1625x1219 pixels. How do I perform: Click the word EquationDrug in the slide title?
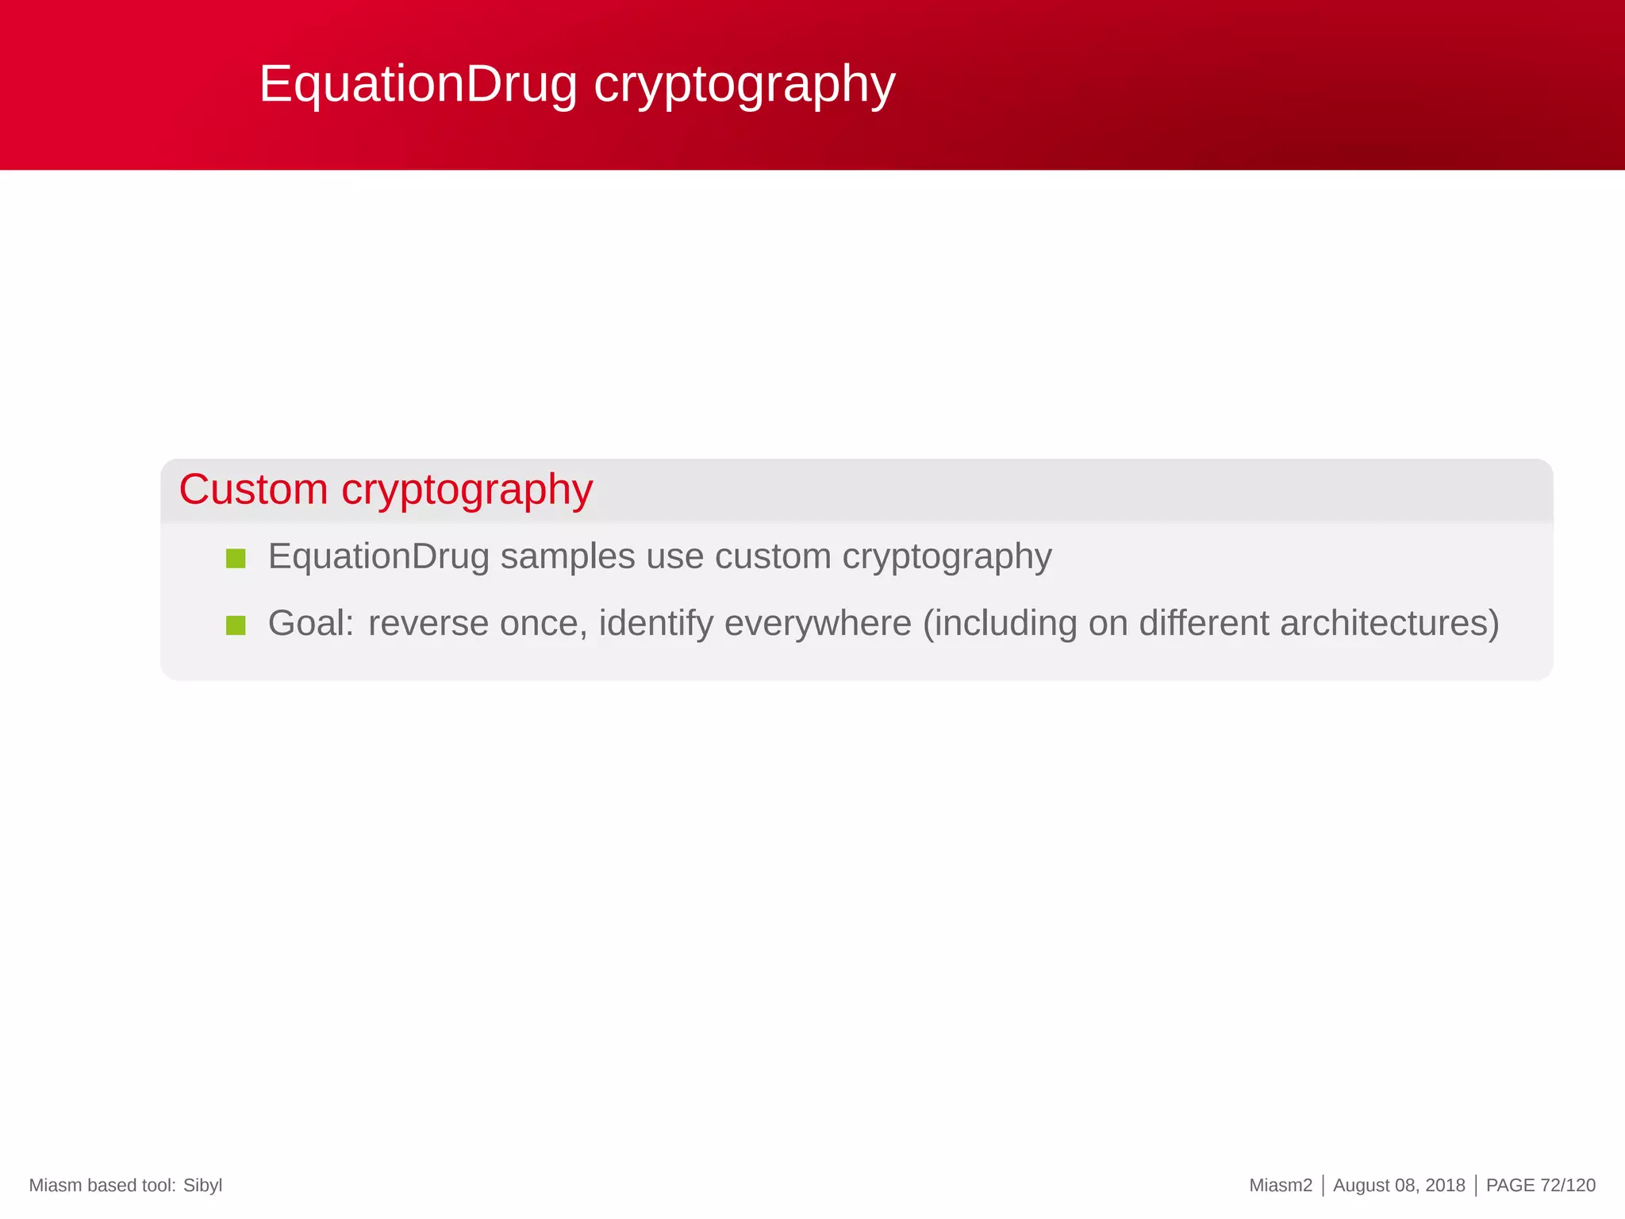[418, 84]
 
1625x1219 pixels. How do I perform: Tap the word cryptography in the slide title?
[744, 84]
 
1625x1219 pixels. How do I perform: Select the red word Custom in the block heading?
[253, 489]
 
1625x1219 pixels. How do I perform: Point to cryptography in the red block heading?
[467, 490]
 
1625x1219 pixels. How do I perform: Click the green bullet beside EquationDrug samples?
[236, 559]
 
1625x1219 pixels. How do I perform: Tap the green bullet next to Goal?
[236, 625]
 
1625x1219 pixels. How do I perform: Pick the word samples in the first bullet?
[567, 556]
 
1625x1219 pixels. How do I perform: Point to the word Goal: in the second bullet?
[311, 623]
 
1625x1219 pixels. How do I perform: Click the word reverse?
[428, 623]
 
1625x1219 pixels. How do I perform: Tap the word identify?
[656, 623]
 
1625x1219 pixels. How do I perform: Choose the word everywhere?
[818, 623]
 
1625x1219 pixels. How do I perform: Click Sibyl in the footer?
[202, 1186]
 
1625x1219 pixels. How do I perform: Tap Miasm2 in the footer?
[1281, 1186]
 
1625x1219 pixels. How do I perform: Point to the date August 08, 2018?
[1399, 1186]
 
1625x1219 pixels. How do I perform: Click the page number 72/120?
[1568, 1186]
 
